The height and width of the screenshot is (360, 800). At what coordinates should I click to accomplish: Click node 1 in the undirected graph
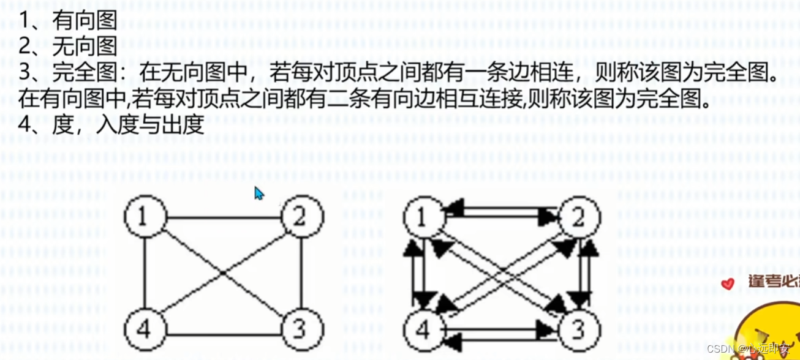[x=145, y=217]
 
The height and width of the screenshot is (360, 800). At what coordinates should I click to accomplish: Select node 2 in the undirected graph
[x=301, y=217]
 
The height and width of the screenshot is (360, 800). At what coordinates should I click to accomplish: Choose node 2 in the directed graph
[x=579, y=217]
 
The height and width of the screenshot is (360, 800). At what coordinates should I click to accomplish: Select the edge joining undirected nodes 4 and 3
[x=222, y=334]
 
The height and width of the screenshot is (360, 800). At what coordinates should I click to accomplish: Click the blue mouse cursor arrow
[x=259, y=194]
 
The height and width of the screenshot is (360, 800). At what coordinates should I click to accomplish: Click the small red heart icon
[x=728, y=283]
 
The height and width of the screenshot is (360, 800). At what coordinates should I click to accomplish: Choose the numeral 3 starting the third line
[x=25, y=72]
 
